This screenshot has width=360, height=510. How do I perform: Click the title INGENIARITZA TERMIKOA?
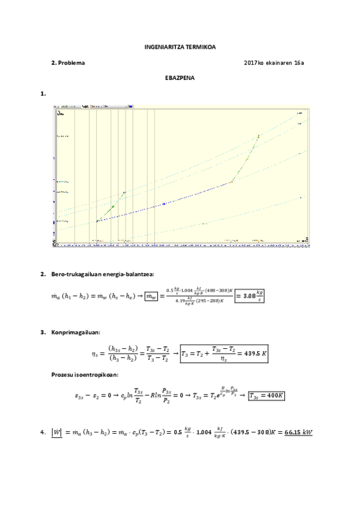[180, 46]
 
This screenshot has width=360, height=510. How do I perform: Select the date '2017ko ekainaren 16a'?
[273, 63]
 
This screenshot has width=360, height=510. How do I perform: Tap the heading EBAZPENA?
[180, 78]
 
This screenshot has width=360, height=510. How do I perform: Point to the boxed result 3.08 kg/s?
[249, 295]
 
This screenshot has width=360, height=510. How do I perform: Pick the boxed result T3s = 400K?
[266, 396]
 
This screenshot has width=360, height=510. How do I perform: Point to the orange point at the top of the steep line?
[258, 137]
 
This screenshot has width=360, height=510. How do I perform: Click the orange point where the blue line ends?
[231, 182]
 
